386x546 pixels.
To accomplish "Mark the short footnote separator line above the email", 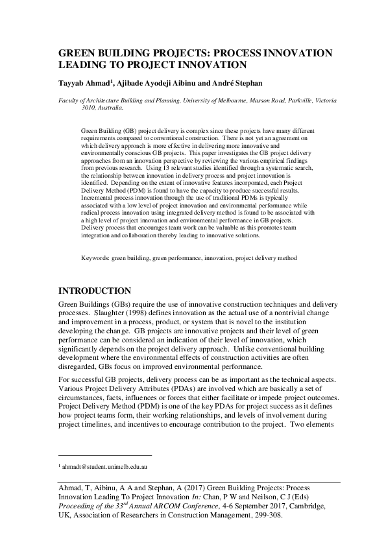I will (x=104, y=456).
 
